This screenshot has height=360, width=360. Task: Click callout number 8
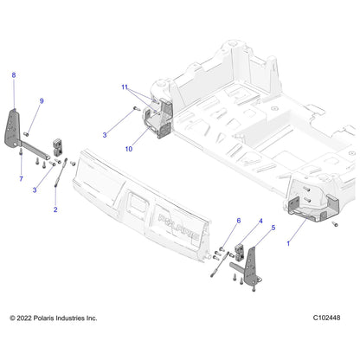pos(14,75)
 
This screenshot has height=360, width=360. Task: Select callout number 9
pos(42,101)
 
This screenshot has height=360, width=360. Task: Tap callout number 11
pos(125,87)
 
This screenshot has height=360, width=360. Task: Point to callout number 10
pos(129,149)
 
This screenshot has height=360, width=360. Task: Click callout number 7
pos(21,179)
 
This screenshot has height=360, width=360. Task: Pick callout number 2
pos(55,209)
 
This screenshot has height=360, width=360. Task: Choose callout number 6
pos(239,221)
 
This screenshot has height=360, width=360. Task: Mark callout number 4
pos(260,222)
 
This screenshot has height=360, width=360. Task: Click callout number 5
pos(273,228)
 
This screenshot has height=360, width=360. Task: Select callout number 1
pos(288,244)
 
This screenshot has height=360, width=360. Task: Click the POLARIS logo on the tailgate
pos(178,227)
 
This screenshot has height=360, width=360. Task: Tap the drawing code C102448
pos(326,318)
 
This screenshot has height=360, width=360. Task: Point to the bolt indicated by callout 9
pos(26,134)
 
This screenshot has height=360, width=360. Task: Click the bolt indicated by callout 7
pos(21,151)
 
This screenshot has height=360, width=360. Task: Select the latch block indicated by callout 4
pos(240,252)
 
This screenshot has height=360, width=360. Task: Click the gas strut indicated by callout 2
pos(61,172)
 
